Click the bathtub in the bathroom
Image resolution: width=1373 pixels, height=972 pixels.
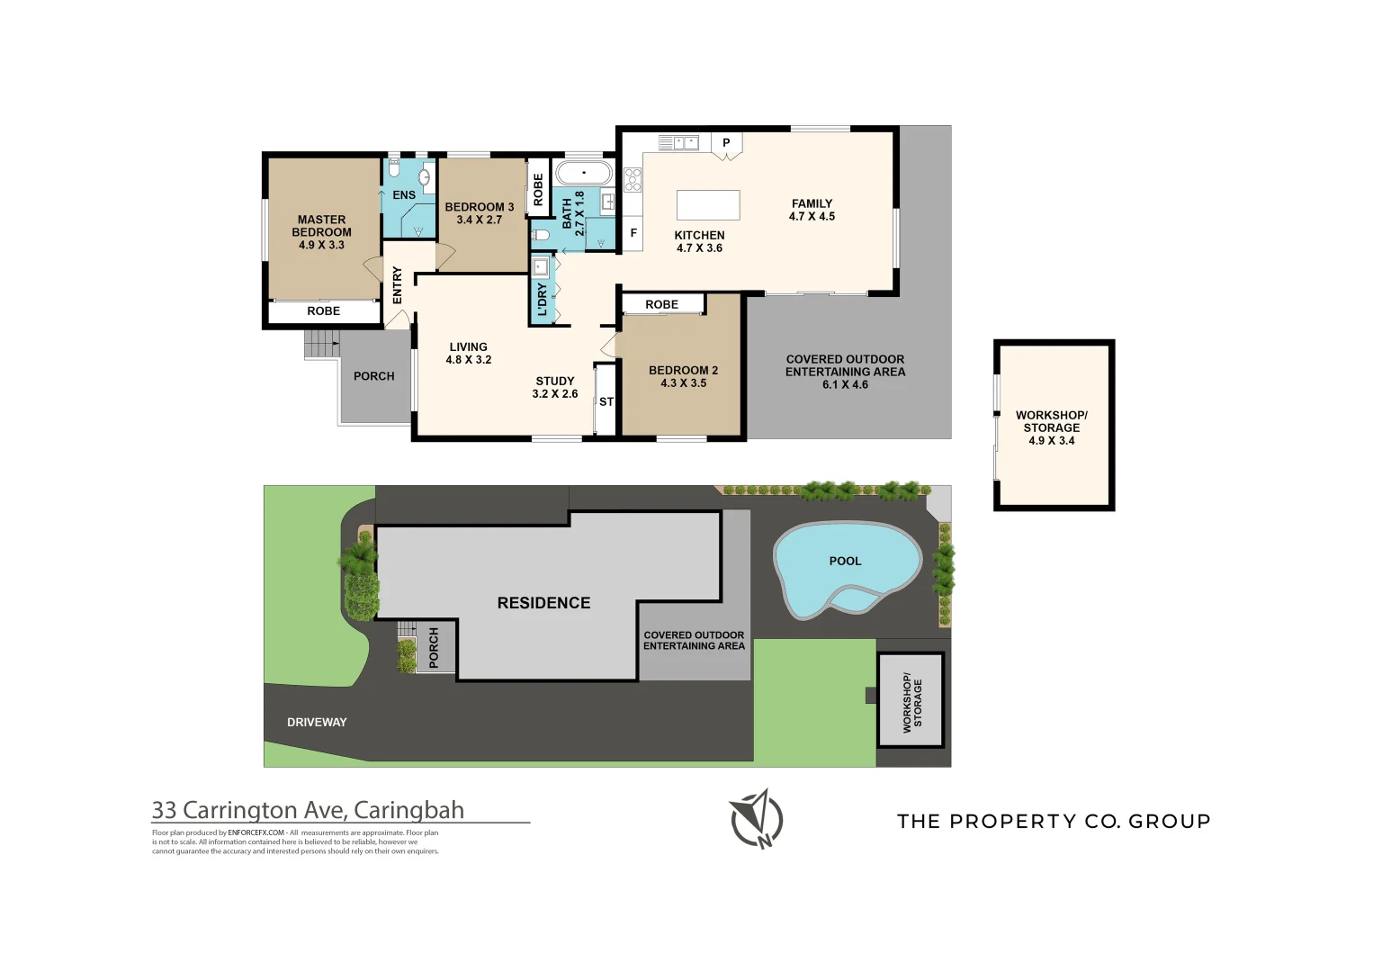click(584, 173)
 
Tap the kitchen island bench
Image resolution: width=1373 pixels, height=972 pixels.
click(708, 205)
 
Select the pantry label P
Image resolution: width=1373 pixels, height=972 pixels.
click(726, 143)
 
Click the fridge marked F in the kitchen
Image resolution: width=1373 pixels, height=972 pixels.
click(633, 233)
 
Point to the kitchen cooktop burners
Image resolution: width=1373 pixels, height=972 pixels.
click(633, 180)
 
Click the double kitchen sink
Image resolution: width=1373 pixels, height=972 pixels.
click(678, 143)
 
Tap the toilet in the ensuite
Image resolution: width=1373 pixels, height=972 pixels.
click(394, 167)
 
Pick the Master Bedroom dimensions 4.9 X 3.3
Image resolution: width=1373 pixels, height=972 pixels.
click(321, 245)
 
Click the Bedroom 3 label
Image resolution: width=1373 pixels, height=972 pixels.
click(480, 207)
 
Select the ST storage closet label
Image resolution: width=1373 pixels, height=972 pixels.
click(606, 401)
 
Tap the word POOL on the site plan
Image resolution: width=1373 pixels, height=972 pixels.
click(845, 561)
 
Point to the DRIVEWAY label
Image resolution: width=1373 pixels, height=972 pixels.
click(317, 723)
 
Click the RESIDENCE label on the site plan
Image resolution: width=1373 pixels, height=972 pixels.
click(543, 603)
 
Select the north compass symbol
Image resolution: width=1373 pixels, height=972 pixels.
click(757, 819)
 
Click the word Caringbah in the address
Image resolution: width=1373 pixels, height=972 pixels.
click(408, 810)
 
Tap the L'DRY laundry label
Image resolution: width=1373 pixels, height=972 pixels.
click(543, 300)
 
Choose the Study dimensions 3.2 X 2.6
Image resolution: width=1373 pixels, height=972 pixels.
click(555, 393)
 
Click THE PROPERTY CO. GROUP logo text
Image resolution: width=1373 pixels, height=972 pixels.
click(1054, 821)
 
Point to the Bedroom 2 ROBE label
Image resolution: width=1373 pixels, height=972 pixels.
click(661, 305)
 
